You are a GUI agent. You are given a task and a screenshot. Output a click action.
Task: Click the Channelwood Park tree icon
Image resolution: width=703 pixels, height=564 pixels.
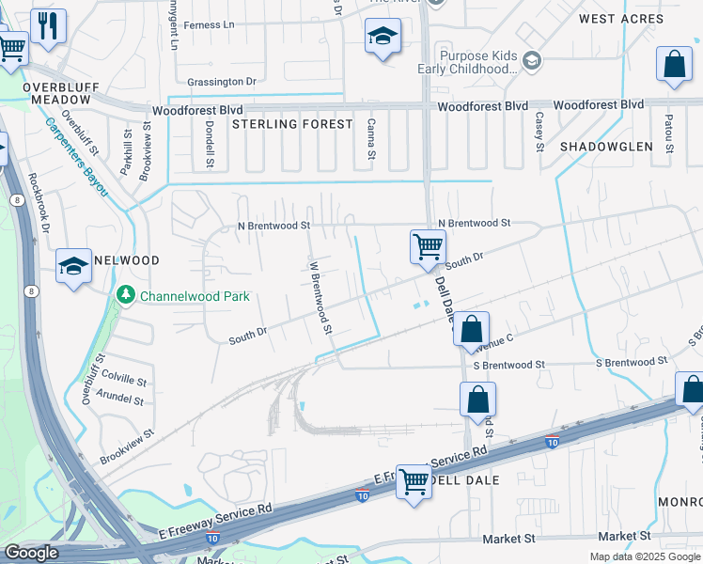coord(126,296)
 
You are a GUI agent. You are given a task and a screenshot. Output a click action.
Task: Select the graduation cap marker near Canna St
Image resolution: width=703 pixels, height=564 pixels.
coord(382,39)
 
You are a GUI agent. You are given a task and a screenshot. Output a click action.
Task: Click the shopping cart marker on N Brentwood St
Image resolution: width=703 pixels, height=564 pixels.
coord(428,247)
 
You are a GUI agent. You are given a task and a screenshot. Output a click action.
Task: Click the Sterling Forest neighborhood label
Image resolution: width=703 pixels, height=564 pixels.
coord(292,124)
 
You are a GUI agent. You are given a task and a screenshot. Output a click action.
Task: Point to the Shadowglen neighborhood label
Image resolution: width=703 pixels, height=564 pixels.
coord(606,147)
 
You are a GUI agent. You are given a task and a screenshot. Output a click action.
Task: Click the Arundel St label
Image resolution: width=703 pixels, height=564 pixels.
coord(119,400)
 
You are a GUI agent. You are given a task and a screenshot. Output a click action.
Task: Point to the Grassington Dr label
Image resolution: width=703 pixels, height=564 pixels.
coord(222,83)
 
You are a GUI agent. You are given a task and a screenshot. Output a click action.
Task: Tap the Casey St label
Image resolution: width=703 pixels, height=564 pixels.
coord(539,132)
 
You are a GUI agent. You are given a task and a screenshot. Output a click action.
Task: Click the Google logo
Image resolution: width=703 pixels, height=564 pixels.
coord(31,553)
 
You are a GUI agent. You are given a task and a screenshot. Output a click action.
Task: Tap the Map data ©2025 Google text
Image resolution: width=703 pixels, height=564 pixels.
coord(644,556)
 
